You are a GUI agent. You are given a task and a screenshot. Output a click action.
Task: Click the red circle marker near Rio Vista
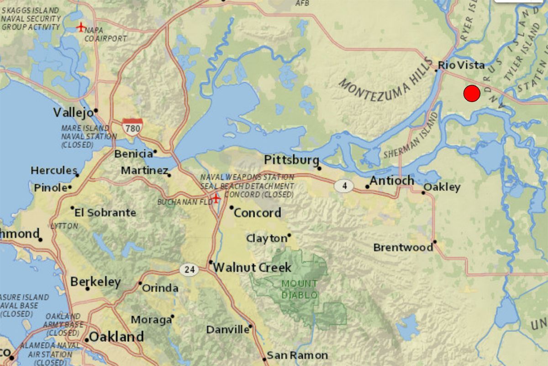[x=472, y=93]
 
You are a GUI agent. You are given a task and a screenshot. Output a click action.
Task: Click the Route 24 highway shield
[x=189, y=269]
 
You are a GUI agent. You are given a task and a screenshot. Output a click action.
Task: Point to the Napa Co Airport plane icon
[x=81, y=27]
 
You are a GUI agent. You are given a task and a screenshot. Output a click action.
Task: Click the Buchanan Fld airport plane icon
[x=216, y=198]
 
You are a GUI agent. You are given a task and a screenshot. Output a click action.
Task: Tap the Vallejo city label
[x=73, y=112]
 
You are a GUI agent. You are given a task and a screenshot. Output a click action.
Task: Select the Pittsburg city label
[x=291, y=160]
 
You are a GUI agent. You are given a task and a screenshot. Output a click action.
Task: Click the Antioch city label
[x=392, y=181]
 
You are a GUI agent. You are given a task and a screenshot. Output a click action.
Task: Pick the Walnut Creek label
[x=252, y=267]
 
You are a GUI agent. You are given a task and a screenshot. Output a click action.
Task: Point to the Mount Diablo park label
[x=300, y=289]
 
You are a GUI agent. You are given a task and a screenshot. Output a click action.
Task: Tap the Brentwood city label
[x=403, y=248]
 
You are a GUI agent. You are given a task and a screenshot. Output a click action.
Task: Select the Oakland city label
[x=116, y=337]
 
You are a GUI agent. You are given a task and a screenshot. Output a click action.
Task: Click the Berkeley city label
[x=95, y=282]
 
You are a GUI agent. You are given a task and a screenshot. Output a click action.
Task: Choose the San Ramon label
[x=297, y=355]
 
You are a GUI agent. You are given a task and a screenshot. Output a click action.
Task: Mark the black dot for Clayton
[x=289, y=236]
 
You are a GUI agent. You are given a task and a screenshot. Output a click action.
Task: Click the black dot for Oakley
[x=423, y=193]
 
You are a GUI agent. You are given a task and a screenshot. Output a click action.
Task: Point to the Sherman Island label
[x=411, y=137]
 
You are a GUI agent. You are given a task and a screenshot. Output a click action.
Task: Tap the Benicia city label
[x=133, y=154]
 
